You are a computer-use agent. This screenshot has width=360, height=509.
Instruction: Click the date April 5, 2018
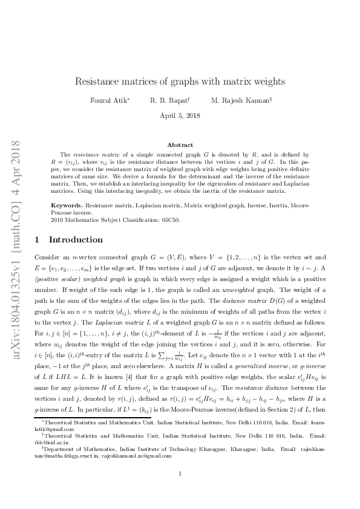pos(180,115)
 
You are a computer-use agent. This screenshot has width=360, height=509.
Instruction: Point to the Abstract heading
pos(180,145)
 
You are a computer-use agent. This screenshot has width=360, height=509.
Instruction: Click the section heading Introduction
pos(76,239)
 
